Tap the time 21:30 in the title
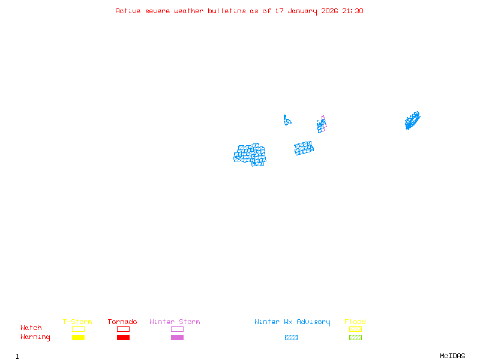(x=353, y=11)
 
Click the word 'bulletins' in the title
(x=227, y=11)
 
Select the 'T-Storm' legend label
(x=77, y=322)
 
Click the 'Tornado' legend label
(x=122, y=322)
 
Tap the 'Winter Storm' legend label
(x=175, y=322)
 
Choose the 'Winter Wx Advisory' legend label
(x=292, y=322)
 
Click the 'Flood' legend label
(x=355, y=322)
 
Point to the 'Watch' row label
(x=31, y=328)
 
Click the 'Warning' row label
(x=35, y=337)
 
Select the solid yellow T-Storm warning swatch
(x=78, y=338)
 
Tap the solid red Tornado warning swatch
(x=123, y=338)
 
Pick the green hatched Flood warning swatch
(x=355, y=338)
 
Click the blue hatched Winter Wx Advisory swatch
(x=291, y=338)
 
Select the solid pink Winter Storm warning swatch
(x=177, y=338)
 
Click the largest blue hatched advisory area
(x=250, y=154)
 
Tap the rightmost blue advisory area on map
(x=412, y=121)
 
